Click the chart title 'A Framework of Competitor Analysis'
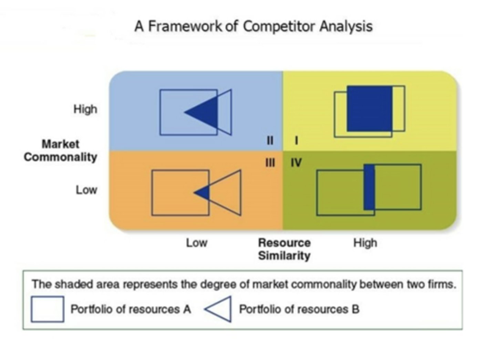[x=254, y=26]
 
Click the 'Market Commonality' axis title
[x=60, y=151]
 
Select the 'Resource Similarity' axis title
[x=284, y=249]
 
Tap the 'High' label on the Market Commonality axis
[x=85, y=109]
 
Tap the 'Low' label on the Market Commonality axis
[x=86, y=190]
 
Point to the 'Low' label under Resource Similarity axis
[x=196, y=243]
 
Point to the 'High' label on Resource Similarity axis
[x=365, y=243]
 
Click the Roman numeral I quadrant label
[x=296, y=141]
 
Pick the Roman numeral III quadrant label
[x=270, y=163]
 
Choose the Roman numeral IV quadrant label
[x=296, y=163]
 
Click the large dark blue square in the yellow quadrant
[x=369, y=109]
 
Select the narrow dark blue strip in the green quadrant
[x=369, y=187]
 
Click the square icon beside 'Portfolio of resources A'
[x=47, y=309]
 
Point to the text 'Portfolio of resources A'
[x=131, y=309]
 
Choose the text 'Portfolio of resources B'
[x=299, y=309]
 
